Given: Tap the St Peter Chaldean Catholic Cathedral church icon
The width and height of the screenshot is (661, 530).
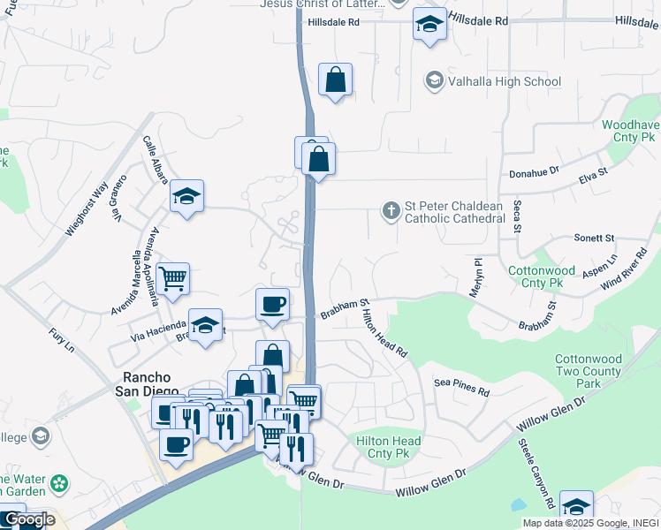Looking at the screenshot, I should [390, 211].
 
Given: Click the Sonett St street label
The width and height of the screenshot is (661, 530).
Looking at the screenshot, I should [593, 238].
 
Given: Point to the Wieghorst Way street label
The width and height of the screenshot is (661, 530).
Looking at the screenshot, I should [86, 208].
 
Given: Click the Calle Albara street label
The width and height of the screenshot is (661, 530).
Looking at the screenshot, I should [155, 165].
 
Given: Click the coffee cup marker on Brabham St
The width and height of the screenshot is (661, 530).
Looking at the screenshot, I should [272, 304].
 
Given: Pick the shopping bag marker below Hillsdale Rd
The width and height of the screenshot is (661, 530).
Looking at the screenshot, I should [336, 79].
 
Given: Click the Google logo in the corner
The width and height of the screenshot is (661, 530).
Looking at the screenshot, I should [29, 519].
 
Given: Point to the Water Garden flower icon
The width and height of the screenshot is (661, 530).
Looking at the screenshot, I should [59, 483].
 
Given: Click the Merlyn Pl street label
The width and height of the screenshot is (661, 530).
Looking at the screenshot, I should [477, 277].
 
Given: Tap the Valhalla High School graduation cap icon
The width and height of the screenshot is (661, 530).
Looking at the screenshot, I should [434, 81].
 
